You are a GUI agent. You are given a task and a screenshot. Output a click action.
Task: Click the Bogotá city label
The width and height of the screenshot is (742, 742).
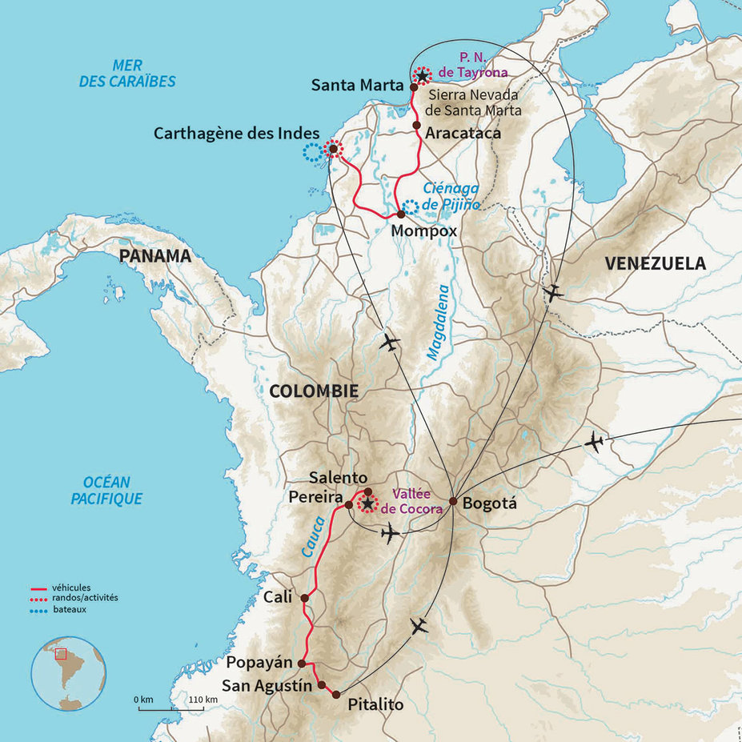[x=490, y=504]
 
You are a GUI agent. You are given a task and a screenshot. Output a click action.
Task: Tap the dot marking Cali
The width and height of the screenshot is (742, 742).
[x=304, y=597]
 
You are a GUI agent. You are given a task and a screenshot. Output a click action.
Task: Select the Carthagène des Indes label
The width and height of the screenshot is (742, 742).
[x=236, y=133]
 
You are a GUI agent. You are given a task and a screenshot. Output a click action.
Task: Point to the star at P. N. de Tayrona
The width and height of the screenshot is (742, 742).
[x=422, y=76]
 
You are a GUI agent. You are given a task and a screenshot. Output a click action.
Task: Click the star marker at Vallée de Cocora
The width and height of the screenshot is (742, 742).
[x=367, y=503]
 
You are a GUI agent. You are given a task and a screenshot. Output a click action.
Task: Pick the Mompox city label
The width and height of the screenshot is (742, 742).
[x=424, y=231]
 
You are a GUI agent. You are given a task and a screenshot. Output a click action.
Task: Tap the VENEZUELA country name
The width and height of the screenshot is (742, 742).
[x=656, y=263]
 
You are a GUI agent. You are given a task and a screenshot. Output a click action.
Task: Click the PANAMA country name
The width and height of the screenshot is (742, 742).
[x=155, y=256]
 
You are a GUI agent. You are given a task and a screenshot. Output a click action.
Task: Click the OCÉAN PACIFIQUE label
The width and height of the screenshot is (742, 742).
[x=112, y=490]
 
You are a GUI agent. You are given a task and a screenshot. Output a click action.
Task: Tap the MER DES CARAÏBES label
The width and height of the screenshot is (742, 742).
[x=127, y=74]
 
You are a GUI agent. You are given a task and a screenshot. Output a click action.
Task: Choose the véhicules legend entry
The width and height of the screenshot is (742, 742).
[x=71, y=587]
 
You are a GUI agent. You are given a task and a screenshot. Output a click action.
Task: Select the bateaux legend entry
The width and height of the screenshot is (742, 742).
[x=69, y=609]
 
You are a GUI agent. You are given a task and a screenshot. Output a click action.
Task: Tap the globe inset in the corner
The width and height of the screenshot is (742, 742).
[x=69, y=672]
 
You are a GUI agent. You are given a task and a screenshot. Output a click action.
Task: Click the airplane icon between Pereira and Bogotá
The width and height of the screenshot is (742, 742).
[x=391, y=533]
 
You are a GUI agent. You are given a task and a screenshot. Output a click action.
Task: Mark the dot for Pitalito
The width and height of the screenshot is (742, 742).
[x=335, y=694]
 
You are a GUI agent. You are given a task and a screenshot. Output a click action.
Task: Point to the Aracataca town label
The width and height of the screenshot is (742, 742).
[x=463, y=133]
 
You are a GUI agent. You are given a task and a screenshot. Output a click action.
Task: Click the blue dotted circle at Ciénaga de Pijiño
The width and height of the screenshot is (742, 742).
[x=410, y=207]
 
